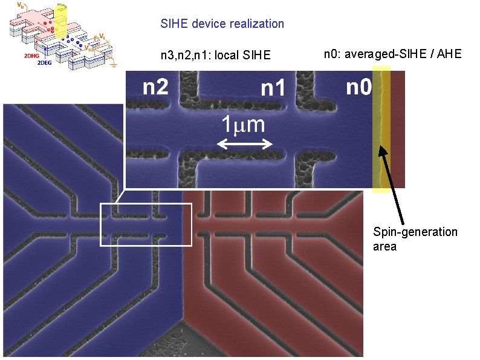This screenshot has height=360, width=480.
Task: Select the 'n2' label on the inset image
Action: tap(155, 88)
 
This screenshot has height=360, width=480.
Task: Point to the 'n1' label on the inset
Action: tap(273, 89)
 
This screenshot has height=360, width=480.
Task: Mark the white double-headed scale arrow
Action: tap(245, 144)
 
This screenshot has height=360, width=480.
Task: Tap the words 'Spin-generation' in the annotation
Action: tap(415, 232)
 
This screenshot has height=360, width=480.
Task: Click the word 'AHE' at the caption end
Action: tap(449, 54)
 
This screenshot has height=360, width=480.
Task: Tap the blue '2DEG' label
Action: tap(45, 62)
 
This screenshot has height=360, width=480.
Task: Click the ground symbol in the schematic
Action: tap(112, 63)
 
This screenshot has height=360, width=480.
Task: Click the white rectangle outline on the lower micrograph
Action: tap(100, 224)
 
